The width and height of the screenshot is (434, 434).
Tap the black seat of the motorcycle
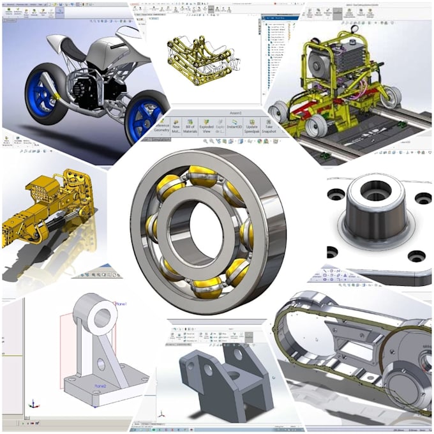[71, 50]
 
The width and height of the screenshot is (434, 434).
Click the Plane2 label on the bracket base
[100, 386]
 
